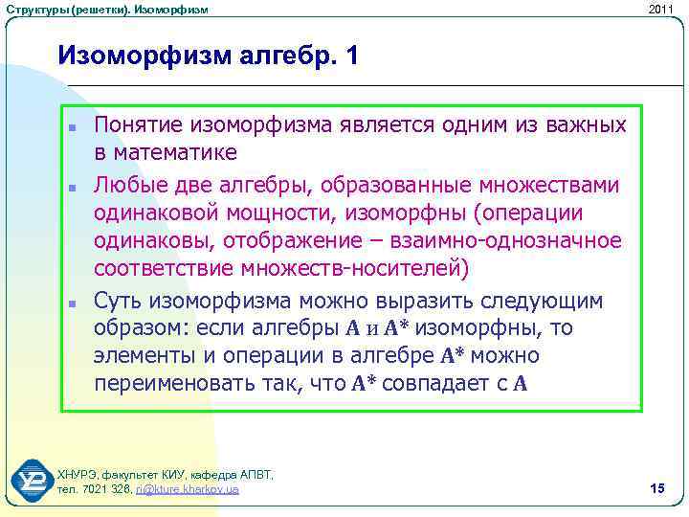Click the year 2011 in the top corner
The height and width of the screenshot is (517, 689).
click(660, 9)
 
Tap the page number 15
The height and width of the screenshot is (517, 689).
click(656, 489)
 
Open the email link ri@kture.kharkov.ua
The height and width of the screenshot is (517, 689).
click(188, 489)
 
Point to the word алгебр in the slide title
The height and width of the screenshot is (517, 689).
click(279, 55)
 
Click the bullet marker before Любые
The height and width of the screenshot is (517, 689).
click(73, 185)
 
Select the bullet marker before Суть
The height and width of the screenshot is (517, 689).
click(73, 303)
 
